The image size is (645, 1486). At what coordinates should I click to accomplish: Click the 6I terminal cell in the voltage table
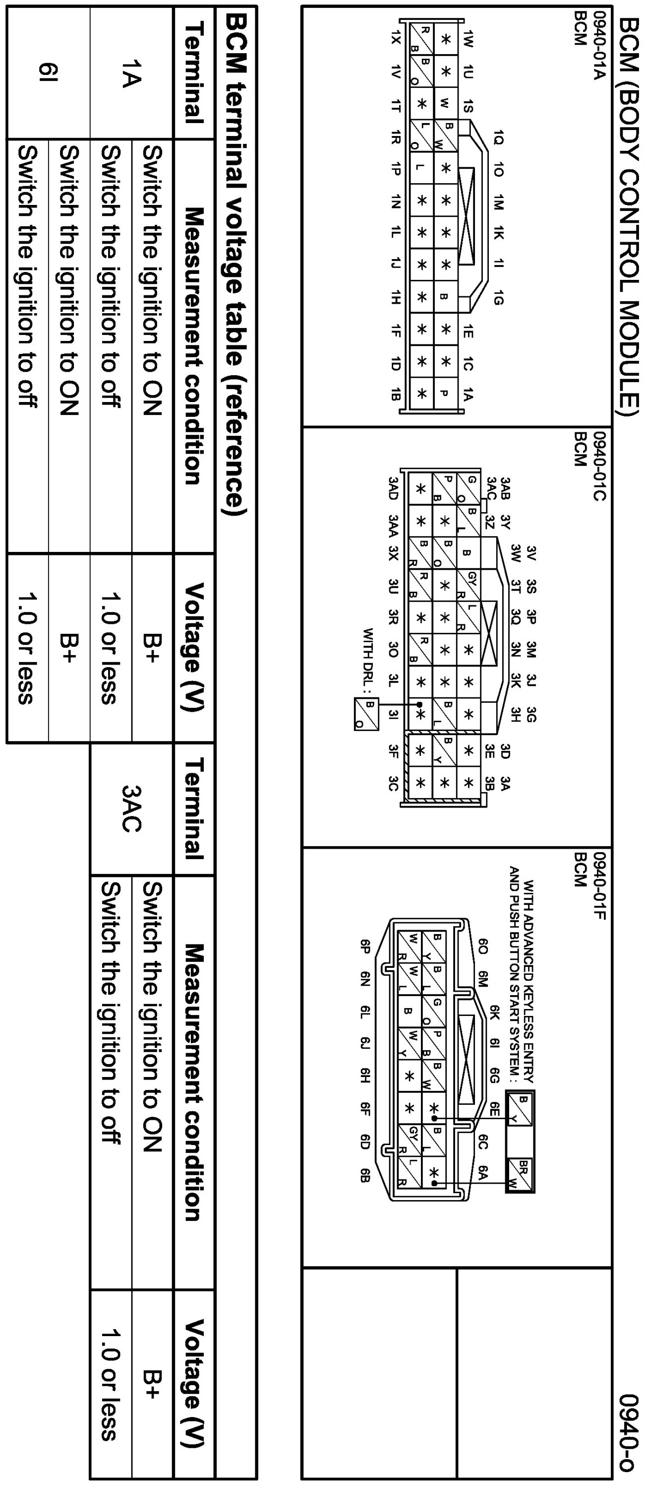click(49, 72)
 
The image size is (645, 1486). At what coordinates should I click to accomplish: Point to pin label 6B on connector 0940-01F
click(365, 1176)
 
